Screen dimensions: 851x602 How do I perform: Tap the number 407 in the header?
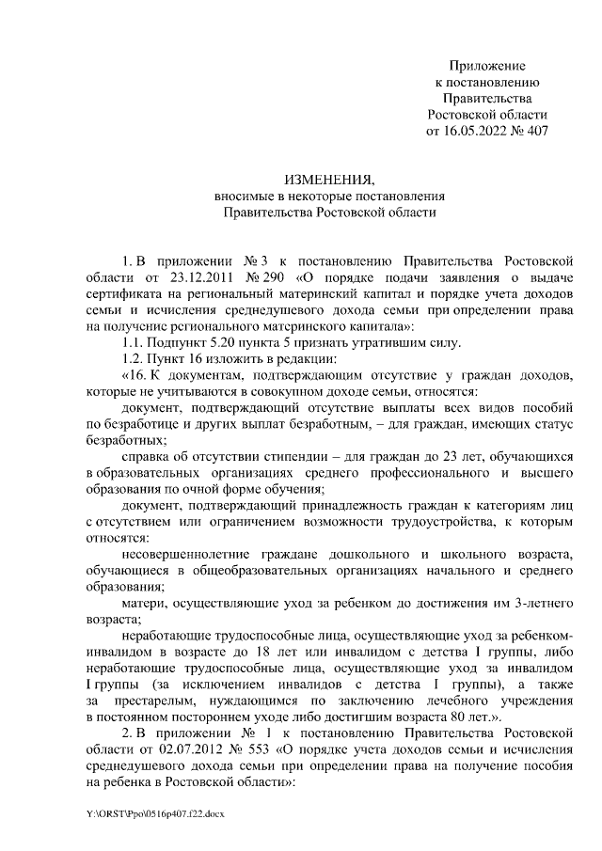[533, 131]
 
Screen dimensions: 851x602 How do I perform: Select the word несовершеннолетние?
[188, 554]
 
